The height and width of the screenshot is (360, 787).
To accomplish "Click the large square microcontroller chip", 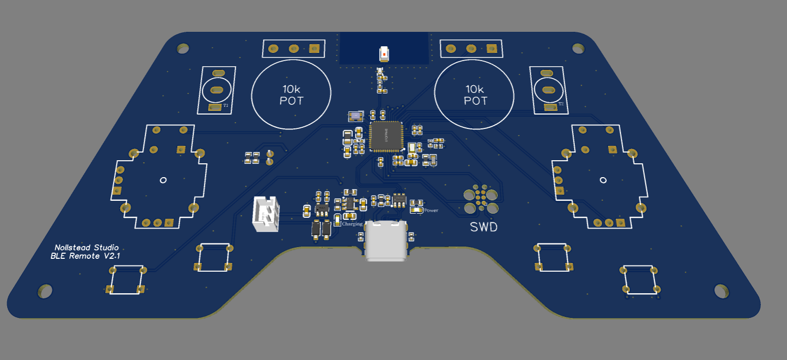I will [385, 136].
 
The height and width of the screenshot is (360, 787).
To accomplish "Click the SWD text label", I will [483, 226].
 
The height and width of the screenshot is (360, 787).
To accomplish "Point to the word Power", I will [431, 211].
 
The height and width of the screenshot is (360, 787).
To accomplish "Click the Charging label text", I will [352, 224].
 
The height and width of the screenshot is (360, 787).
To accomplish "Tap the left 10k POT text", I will [291, 94].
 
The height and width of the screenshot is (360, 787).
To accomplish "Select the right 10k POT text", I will [475, 94].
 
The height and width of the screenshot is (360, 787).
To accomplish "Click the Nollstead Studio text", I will [86, 248].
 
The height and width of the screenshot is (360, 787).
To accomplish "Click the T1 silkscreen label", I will [226, 105].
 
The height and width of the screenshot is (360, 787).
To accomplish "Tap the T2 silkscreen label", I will [560, 104].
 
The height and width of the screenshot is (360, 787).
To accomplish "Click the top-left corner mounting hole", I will [182, 48].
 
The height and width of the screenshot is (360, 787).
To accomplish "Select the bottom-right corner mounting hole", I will [721, 291].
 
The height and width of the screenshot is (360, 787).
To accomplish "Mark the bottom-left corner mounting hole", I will [45, 292].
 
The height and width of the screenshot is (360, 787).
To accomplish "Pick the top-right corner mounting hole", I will [578, 48].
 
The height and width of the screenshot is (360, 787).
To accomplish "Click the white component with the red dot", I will [384, 53].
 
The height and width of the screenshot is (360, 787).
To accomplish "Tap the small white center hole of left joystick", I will [163, 180].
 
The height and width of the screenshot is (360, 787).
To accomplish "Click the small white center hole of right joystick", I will [603, 180].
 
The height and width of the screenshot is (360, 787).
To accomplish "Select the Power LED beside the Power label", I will [416, 210].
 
